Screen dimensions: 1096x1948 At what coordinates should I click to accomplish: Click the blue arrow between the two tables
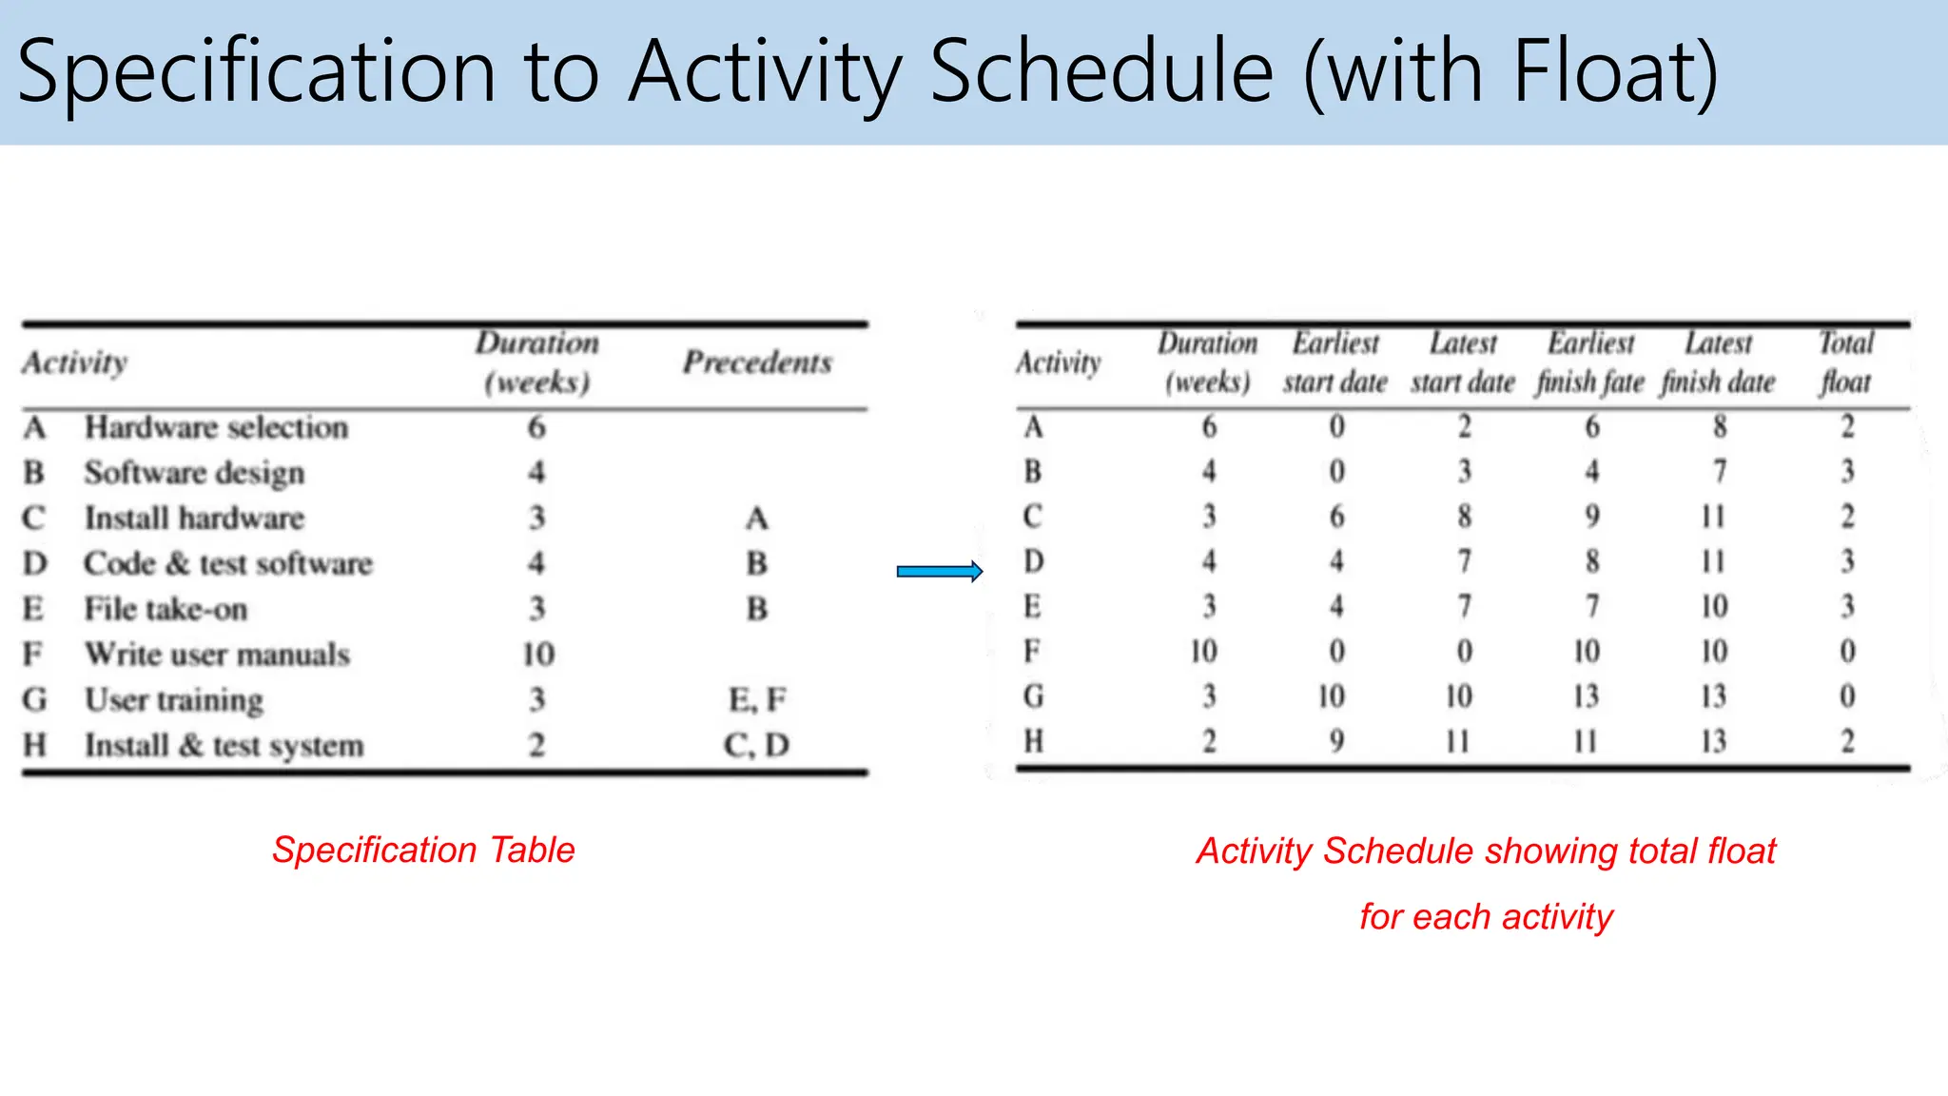pos(939,571)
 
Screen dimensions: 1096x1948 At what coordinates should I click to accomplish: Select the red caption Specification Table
pos(423,850)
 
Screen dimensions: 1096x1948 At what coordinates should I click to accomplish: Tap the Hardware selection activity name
pos(216,427)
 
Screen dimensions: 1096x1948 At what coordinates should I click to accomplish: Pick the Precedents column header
pos(757,362)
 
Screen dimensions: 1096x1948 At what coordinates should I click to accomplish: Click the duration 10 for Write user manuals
pos(537,654)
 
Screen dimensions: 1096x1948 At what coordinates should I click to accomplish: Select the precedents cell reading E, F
pos(757,699)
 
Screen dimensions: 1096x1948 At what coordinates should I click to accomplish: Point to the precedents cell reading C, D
pos(757,745)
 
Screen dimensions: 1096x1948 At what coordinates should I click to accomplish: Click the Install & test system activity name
pos(224,745)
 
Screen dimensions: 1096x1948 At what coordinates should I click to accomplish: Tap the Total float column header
pos(1845,362)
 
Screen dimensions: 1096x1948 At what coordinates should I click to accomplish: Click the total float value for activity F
pos(1847,652)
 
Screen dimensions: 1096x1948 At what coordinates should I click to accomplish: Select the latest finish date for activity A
pos(1719,426)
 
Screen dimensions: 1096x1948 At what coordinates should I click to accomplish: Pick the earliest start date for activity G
pos(1332,696)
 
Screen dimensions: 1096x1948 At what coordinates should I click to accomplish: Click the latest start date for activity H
pos(1458,741)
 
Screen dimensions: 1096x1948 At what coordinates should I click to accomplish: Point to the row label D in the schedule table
pos(1034,561)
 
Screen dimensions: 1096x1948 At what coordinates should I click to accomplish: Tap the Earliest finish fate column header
pos(1590,362)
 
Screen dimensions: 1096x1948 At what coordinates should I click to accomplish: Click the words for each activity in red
pos(1486,917)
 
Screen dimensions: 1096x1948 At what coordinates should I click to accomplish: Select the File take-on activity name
pos(166,609)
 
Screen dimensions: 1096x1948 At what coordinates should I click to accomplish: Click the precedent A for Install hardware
pos(757,519)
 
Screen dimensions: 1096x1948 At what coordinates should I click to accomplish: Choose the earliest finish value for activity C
pos(1592,517)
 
